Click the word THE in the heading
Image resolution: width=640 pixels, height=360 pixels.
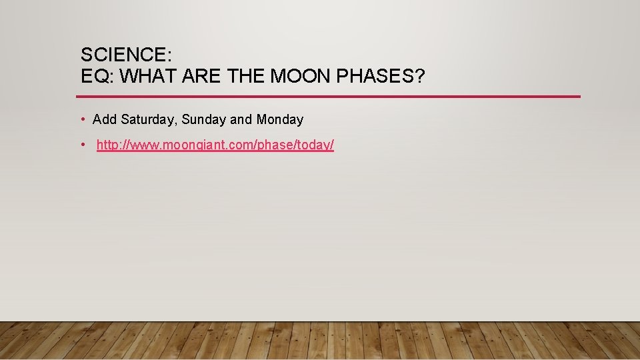(x=247, y=76)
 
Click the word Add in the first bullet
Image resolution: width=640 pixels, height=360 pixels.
(x=105, y=120)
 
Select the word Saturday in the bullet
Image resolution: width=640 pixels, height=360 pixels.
(x=149, y=120)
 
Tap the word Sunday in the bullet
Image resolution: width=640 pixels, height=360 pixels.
(x=203, y=120)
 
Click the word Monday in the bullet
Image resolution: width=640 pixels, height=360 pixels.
(x=280, y=120)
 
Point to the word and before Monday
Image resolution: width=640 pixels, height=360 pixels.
(x=241, y=120)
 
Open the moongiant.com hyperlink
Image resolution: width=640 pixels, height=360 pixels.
(x=215, y=145)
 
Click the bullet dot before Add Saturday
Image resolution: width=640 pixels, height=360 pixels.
(x=82, y=120)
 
